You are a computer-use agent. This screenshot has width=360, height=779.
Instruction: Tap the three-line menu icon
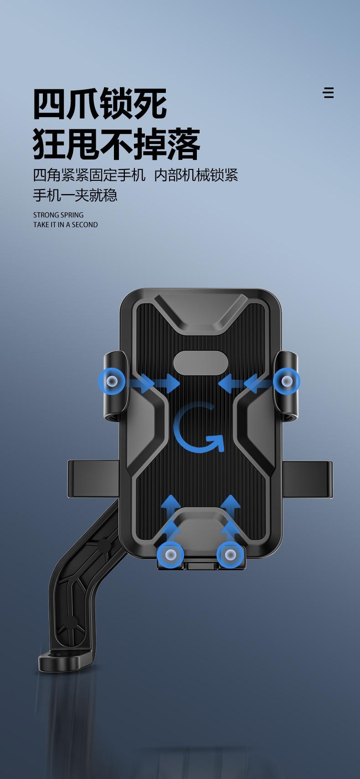click(x=329, y=93)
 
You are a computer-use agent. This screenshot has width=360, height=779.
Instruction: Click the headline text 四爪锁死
click(x=100, y=103)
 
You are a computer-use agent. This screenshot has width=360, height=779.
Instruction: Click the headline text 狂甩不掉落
click(x=117, y=143)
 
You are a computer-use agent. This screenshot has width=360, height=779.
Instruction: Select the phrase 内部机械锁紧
click(x=196, y=175)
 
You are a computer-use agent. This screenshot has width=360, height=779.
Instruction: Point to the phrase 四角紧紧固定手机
click(x=89, y=175)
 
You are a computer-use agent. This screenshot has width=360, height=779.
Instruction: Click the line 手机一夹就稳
click(x=75, y=195)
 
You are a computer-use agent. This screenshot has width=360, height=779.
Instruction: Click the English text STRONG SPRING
click(x=58, y=215)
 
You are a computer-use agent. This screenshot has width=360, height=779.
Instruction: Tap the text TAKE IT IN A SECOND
click(x=65, y=225)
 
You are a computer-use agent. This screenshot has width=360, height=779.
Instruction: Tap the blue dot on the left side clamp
click(x=112, y=381)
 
